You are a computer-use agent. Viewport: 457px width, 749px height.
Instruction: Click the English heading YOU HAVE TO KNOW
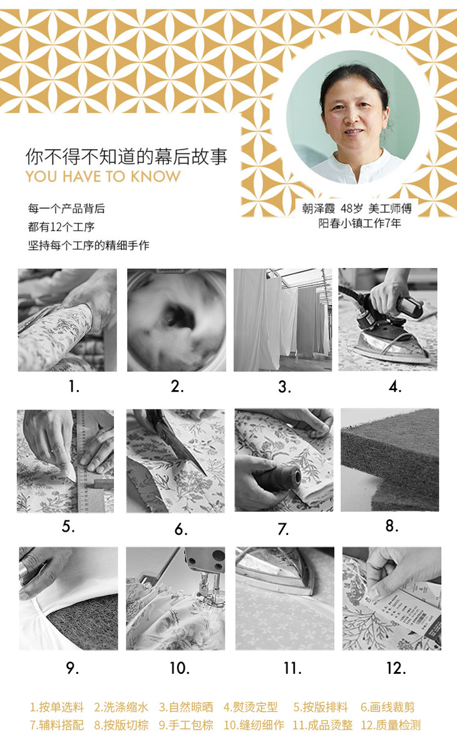pos(103,176)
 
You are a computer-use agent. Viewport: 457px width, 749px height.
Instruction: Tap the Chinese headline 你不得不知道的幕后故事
pos(126,156)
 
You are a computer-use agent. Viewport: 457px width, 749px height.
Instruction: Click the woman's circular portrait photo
pos(352,117)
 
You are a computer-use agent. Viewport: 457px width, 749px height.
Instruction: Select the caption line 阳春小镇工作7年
pos(359,223)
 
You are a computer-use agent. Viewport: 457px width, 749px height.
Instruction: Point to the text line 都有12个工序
pos(61,227)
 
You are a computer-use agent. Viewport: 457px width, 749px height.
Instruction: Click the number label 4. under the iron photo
pos(395,386)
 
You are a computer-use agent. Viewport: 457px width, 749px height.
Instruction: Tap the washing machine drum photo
pos(177,319)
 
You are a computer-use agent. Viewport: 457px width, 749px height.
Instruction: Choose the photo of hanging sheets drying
pos(283,319)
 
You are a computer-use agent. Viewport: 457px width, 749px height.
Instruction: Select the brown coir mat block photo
pos(389,460)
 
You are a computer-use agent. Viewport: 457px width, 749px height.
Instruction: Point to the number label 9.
pos(72,668)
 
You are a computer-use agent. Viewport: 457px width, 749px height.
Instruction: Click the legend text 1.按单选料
pos(56,707)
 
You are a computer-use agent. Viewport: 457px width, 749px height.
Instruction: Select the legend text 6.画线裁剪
pos(388,707)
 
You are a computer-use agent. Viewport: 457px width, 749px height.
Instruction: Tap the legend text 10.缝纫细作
pos(254,725)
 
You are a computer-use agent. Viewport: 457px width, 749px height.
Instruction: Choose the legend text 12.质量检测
pos(391,725)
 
